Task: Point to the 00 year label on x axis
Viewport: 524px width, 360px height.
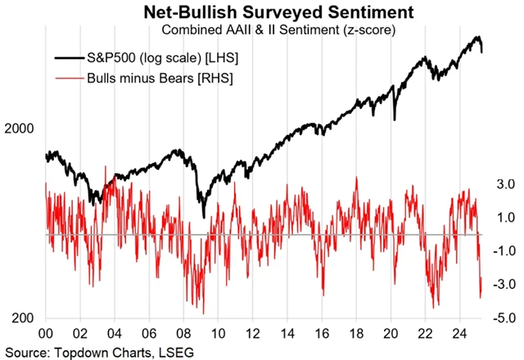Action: [46, 334]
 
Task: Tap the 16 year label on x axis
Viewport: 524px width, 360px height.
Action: [327, 334]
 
